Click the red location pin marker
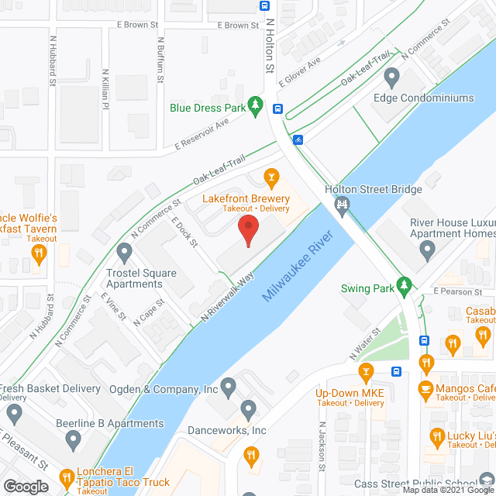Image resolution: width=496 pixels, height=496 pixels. [x=247, y=230]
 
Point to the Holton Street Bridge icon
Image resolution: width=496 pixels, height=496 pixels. [x=340, y=205]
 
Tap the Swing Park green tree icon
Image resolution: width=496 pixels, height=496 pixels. [x=403, y=286]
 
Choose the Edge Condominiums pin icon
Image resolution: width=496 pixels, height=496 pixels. [x=391, y=78]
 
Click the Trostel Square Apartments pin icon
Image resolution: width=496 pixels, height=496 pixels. [x=124, y=252]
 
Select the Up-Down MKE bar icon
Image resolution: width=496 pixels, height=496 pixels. [x=367, y=373]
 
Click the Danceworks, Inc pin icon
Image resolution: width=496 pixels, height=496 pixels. [x=248, y=408]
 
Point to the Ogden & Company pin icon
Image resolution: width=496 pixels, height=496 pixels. [x=228, y=386]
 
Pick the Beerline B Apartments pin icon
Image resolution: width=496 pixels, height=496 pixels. [x=73, y=440]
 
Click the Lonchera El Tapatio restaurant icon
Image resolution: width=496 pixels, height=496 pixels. [x=67, y=476]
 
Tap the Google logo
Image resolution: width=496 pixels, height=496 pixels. [x=25, y=486]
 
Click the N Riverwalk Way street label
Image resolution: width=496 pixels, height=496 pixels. [x=228, y=295]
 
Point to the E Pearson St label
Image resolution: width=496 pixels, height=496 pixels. [x=458, y=291]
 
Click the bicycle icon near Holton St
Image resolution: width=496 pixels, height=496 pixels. [x=298, y=140]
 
